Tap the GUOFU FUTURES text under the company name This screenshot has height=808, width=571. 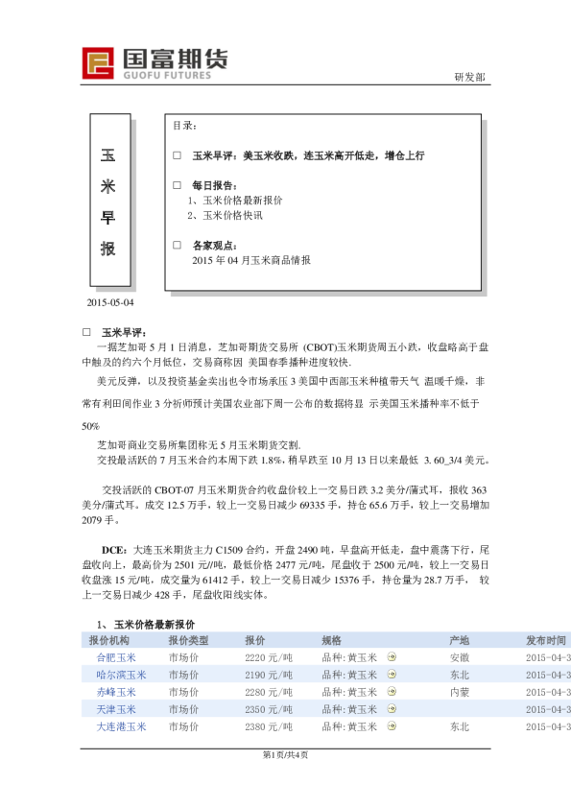168,73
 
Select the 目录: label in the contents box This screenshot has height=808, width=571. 185,126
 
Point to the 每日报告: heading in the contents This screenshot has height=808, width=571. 213,184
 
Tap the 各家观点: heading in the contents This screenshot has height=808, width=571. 213,245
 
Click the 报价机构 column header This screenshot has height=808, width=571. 109,640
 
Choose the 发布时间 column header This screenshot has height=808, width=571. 545,640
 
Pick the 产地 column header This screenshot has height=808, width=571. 460,640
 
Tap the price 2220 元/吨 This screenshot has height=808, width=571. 269,657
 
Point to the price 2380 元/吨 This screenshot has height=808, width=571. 269,726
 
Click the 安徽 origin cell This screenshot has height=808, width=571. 460,657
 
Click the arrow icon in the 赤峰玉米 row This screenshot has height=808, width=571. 391,692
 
